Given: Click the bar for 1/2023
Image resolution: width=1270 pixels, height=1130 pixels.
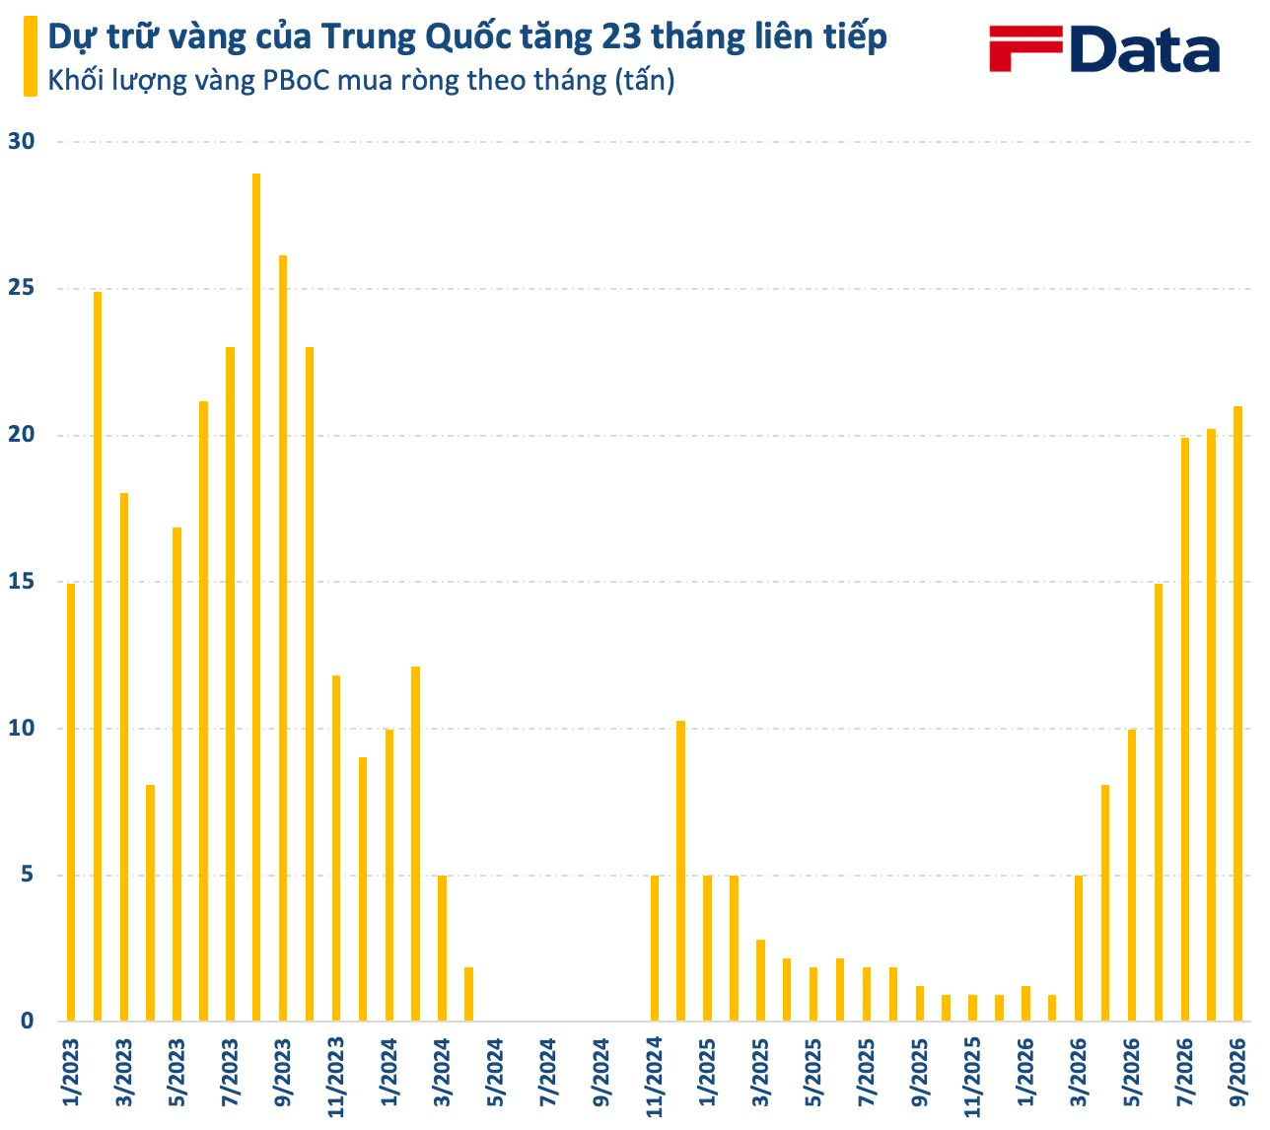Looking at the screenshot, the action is [x=71, y=802].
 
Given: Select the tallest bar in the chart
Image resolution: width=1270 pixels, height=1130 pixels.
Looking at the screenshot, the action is [x=255, y=597].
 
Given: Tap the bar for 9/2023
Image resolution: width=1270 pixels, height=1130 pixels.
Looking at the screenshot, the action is [x=283, y=638].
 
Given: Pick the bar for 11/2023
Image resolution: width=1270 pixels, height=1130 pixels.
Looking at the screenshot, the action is [x=336, y=848].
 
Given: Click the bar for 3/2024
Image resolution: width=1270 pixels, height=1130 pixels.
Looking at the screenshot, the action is [x=442, y=949].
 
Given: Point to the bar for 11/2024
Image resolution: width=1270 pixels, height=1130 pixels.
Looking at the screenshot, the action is [x=655, y=949].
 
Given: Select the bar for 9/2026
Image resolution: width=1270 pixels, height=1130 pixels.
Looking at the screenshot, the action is [x=1237, y=714].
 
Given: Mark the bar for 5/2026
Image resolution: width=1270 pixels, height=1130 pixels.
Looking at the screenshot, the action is [x=1132, y=875].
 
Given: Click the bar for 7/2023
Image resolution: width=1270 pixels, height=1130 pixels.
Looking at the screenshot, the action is [x=230, y=683].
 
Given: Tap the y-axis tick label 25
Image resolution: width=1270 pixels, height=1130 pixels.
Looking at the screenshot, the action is [x=21, y=288].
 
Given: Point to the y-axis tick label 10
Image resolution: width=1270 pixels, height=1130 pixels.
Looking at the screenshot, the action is [x=21, y=728].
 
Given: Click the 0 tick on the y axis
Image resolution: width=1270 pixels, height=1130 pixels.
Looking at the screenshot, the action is [x=27, y=1021].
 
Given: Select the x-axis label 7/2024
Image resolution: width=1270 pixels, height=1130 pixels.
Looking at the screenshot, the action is [x=548, y=1073].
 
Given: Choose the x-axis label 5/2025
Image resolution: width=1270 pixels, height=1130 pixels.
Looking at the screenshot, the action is [x=813, y=1073].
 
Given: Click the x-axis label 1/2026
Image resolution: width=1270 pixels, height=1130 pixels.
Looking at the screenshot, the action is [x=1025, y=1073].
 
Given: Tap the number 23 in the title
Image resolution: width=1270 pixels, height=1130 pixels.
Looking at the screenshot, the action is [x=622, y=37].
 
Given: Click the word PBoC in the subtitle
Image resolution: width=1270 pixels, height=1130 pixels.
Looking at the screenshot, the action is [x=296, y=81].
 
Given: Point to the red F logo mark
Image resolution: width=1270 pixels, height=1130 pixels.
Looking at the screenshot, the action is [x=1025, y=48].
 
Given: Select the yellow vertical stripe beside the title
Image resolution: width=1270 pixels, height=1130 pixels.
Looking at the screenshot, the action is [x=31, y=56].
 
